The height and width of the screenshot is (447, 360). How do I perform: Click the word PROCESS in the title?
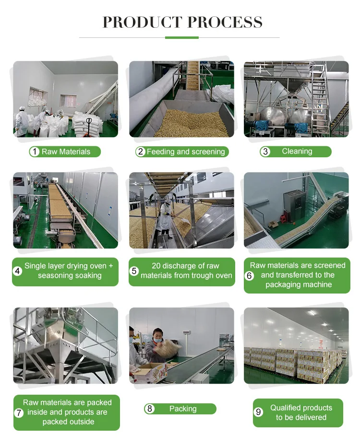click(x=225, y=22)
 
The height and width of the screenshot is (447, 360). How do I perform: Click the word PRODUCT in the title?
click(x=142, y=22)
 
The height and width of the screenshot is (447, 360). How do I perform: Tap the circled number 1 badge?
click(x=35, y=152)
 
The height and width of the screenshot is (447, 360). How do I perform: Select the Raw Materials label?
click(x=66, y=152)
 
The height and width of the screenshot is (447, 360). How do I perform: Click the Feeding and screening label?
click(x=186, y=152)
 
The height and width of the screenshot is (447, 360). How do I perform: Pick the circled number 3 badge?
click(x=265, y=152)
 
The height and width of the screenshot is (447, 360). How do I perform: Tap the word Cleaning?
click(x=297, y=151)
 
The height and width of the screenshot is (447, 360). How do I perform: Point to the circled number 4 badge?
click(x=18, y=271)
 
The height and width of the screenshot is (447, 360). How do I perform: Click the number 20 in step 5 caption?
click(x=156, y=266)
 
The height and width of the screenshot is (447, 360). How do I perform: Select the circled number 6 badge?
click(x=249, y=275)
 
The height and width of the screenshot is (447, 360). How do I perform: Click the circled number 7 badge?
click(x=19, y=412)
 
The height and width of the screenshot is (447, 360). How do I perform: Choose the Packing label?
click(x=183, y=409)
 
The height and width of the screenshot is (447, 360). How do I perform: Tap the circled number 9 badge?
click(x=258, y=412)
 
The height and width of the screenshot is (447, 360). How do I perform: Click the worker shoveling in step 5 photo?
click(x=166, y=219)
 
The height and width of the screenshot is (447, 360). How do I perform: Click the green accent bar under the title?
click(x=182, y=37)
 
